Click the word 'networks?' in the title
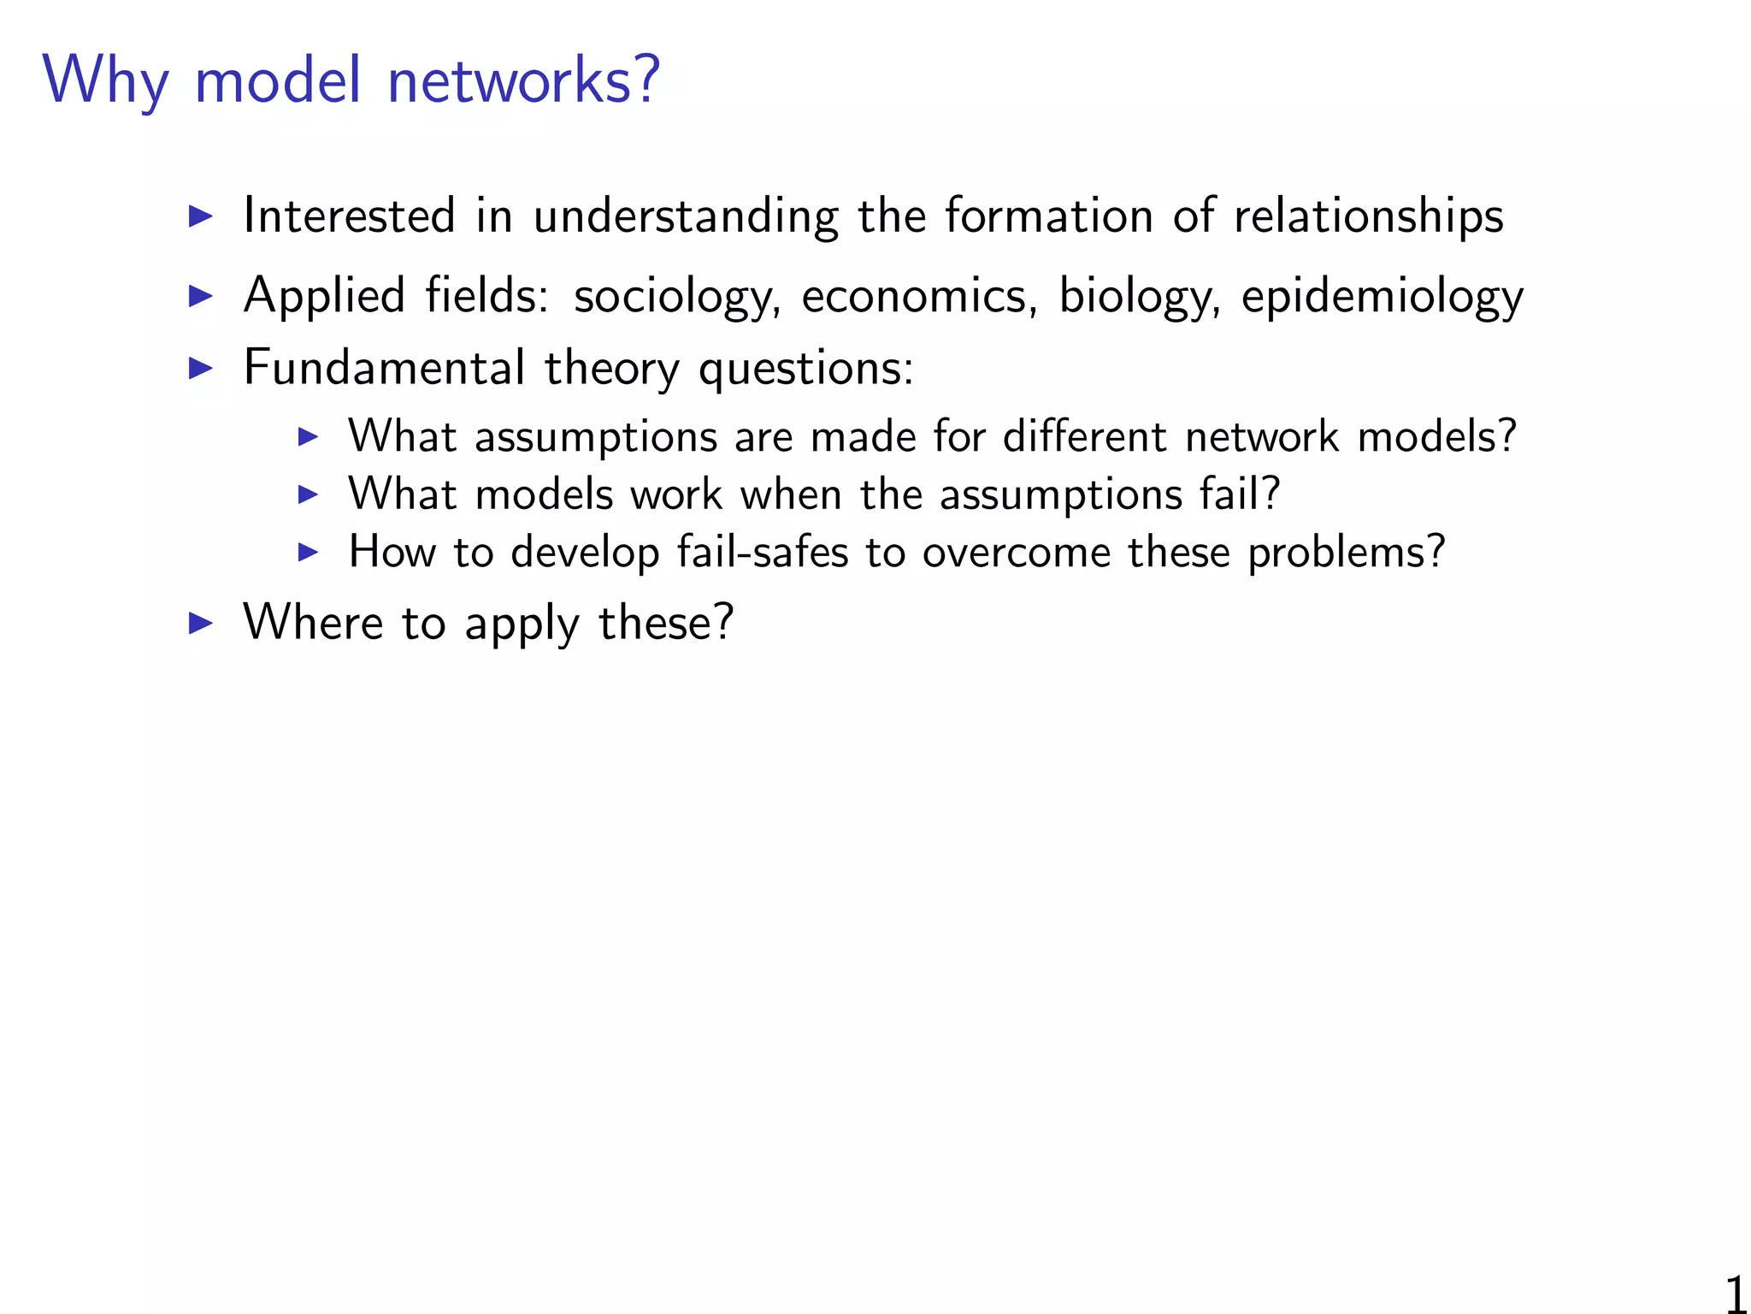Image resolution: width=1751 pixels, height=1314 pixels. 524,80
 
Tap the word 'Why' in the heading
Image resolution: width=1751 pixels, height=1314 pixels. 106,81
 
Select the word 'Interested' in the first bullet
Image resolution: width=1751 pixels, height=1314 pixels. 349,215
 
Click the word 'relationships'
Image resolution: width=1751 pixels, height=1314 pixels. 1368,216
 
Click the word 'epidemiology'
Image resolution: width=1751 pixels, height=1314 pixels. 1382,298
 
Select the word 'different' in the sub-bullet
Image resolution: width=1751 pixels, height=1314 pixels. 1084,435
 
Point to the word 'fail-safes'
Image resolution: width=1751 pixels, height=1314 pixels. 763,551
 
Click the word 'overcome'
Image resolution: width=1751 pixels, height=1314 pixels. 1016,552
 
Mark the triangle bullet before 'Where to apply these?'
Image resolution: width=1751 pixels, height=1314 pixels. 200,623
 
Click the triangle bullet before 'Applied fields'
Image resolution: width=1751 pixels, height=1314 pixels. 200,296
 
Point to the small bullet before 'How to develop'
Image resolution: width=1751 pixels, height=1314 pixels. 308,552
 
